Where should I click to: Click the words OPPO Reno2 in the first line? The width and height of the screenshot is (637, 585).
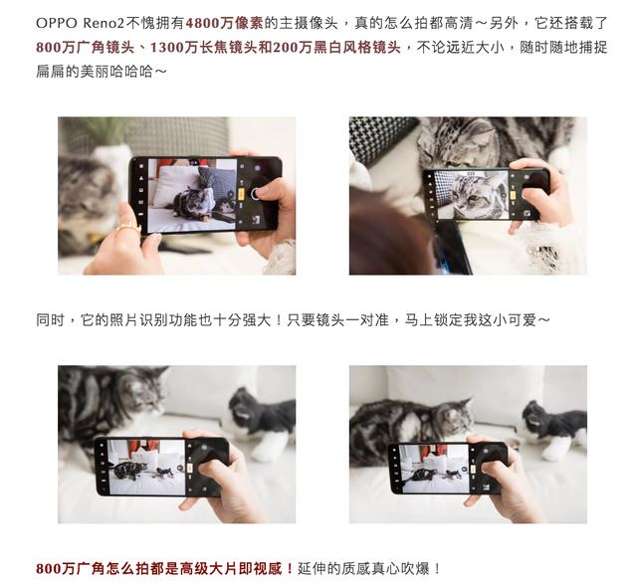80,23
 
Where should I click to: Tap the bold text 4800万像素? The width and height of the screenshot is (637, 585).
225,23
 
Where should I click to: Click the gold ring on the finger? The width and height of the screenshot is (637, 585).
127,228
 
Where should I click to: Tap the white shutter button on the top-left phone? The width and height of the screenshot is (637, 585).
255,194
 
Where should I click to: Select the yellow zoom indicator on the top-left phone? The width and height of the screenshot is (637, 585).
241,194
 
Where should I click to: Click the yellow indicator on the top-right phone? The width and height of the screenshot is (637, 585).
513,194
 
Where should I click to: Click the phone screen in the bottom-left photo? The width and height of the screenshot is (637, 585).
146,467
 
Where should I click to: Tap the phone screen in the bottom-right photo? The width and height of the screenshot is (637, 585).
435,469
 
